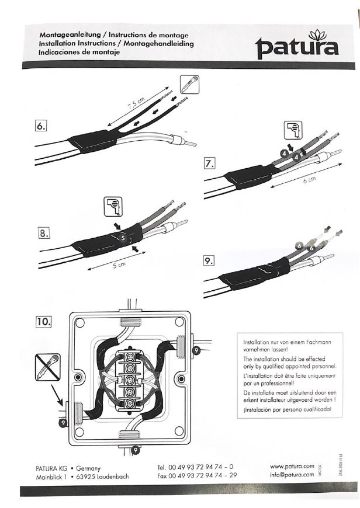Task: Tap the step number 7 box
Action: (x=209, y=163)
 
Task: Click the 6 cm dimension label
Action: (x=309, y=181)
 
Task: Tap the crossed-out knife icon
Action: (x=47, y=366)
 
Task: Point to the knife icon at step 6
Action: (x=189, y=85)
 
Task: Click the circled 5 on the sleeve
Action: (x=123, y=238)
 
